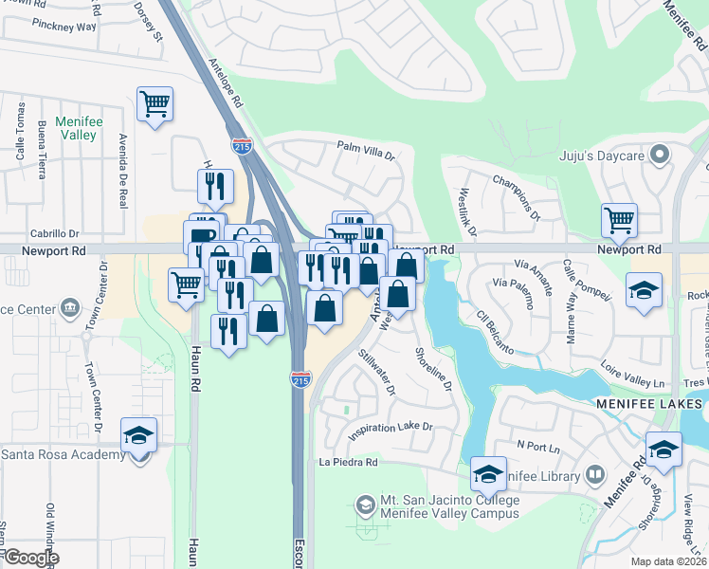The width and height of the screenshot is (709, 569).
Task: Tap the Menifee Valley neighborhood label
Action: [78, 128]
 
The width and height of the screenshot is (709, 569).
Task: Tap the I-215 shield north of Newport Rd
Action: [242, 146]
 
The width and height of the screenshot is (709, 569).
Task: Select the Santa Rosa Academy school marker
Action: [139, 437]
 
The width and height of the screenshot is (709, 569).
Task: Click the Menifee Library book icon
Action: [595, 473]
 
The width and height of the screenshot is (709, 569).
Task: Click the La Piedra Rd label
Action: [349, 463]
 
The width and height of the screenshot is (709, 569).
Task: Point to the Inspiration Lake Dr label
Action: [390, 429]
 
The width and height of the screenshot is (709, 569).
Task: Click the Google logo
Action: [30, 558]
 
